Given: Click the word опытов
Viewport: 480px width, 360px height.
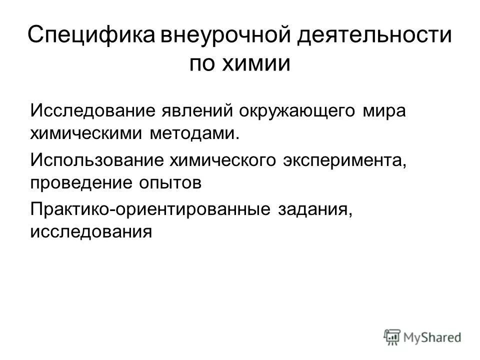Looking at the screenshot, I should click(x=167, y=183).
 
